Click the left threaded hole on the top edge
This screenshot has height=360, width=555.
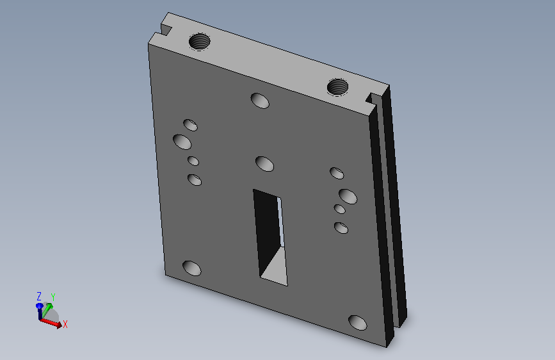(199, 41)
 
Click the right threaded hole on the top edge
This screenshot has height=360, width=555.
(337, 87)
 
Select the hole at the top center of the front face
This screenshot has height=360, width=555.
(260, 101)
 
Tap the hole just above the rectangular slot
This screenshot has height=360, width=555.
(265, 164)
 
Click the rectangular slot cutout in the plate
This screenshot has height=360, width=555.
(270, 237)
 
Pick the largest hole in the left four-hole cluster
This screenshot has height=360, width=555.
(182, 142)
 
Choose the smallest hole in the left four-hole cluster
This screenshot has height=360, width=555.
(193, 161)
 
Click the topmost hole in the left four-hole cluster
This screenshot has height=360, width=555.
(190, 125)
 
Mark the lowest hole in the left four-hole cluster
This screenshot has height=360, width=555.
(195, 179)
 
